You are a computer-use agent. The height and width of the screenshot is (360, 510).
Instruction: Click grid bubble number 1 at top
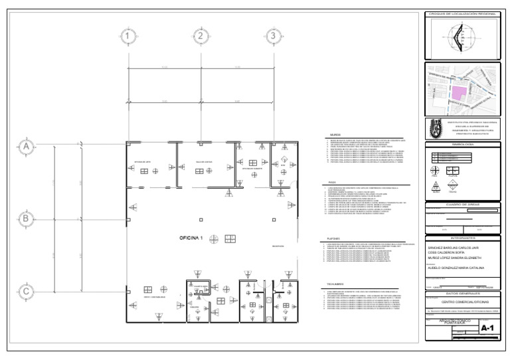(129, 35)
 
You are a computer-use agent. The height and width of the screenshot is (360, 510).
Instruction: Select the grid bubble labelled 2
(201, 35)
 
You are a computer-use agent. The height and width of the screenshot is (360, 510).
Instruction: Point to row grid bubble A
(26, 146)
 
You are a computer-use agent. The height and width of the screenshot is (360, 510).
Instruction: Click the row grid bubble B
(26, 218)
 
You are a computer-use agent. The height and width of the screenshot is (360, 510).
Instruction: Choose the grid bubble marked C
(26, 290)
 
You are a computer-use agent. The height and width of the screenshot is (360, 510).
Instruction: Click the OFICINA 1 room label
(191, 238)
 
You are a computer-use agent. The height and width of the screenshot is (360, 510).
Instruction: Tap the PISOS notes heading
(333, 182)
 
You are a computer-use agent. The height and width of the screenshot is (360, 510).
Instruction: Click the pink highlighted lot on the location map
(459, 95)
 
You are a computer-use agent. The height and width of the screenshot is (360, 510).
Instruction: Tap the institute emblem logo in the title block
(436, 127)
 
